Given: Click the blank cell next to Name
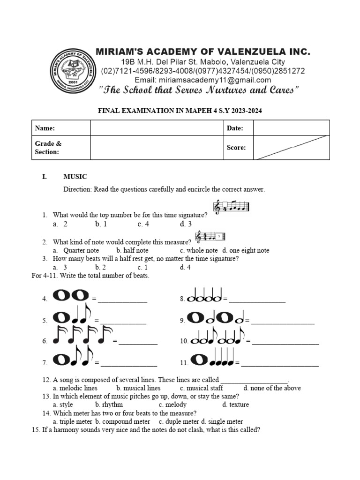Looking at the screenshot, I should click(x=156, y=128).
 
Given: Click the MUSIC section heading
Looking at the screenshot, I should click(x=75, y=177).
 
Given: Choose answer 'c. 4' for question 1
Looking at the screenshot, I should click(x=143, y=224).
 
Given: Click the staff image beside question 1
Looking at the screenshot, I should click(x=232, y=207).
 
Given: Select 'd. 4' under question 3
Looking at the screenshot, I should click(x=185, y=267).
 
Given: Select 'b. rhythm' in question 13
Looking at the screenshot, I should click(x=109, y=405).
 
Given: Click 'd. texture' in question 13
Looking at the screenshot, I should click(x=235, y=405).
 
